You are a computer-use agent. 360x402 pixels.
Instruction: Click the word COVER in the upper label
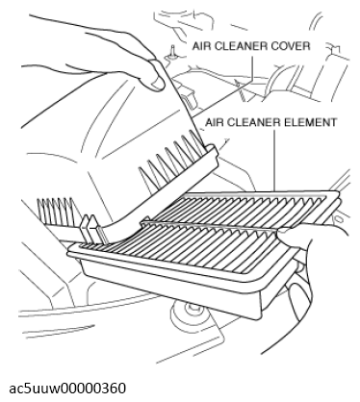[x=291, y=46]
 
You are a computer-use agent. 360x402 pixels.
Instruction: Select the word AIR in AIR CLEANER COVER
[x=201, y=46]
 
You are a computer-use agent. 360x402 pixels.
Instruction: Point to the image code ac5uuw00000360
[x=67, y=389]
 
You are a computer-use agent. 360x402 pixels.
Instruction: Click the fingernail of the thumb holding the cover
[x=158, y=83]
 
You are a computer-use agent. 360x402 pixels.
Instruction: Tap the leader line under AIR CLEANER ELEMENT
[x=274, y=160]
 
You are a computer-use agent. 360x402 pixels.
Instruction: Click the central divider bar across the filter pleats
[x=212, y=225]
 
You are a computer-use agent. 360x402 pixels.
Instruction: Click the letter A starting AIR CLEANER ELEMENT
[x=209, y=122]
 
